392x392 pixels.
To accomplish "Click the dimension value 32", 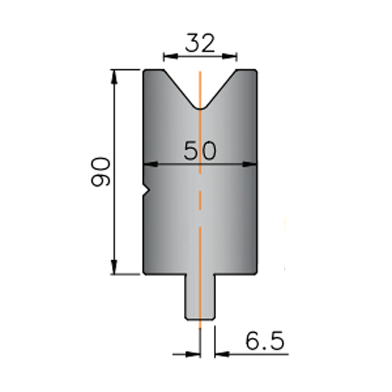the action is (200, 43).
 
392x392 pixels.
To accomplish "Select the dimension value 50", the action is (200, 150).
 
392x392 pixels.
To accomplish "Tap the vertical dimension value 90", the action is (100, 172).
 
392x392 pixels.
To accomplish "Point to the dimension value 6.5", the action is (265, 341).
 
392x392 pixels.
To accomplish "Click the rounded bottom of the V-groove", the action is (200, 108).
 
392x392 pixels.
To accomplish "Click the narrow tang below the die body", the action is (200, 297).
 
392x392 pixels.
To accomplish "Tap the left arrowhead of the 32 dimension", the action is (170, 57).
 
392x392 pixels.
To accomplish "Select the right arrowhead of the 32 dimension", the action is (229, 57).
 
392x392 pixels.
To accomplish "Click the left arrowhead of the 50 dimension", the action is (150, 164).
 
